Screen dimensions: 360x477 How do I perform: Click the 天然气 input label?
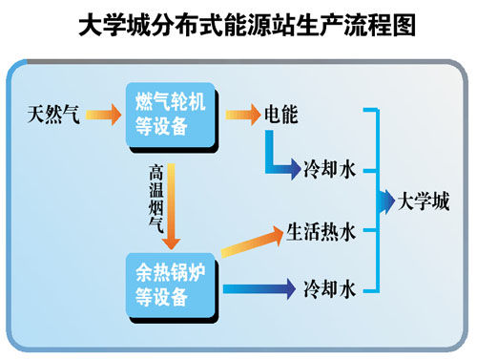pyautogui.click(x=53, y=116)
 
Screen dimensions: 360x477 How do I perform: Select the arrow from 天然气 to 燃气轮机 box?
pyautogui.click(x=103, y=116)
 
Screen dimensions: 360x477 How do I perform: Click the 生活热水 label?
pyautogui.click(x=321, y=230)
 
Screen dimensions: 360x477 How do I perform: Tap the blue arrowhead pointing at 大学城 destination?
pyautogui.click(x=387, y=201)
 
